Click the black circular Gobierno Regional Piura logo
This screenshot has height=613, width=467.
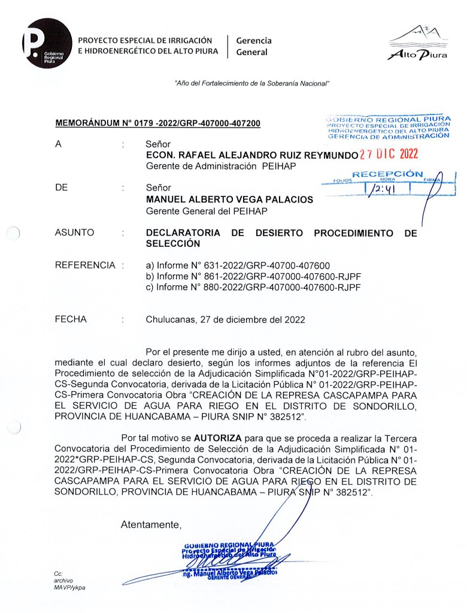tap(47, 43)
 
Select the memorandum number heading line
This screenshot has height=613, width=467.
tap(157, 124)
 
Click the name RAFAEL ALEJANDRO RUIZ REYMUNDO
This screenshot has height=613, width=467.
tap(251, 155)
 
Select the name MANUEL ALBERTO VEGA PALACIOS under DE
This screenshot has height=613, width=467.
tap(229, 200)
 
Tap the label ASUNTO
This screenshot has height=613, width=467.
tap(74, 232)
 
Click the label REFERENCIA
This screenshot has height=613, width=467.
tap(84, 265)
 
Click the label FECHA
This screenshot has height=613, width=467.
tap(71, 319)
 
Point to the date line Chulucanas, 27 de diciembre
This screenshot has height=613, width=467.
tap(225, 319)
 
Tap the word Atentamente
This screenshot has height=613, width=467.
tap(151, 525)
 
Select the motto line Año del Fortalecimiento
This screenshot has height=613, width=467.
tap(251, 83)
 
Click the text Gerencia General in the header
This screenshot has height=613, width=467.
tap(254, 46)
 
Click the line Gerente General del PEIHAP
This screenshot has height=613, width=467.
tap(207, 211)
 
